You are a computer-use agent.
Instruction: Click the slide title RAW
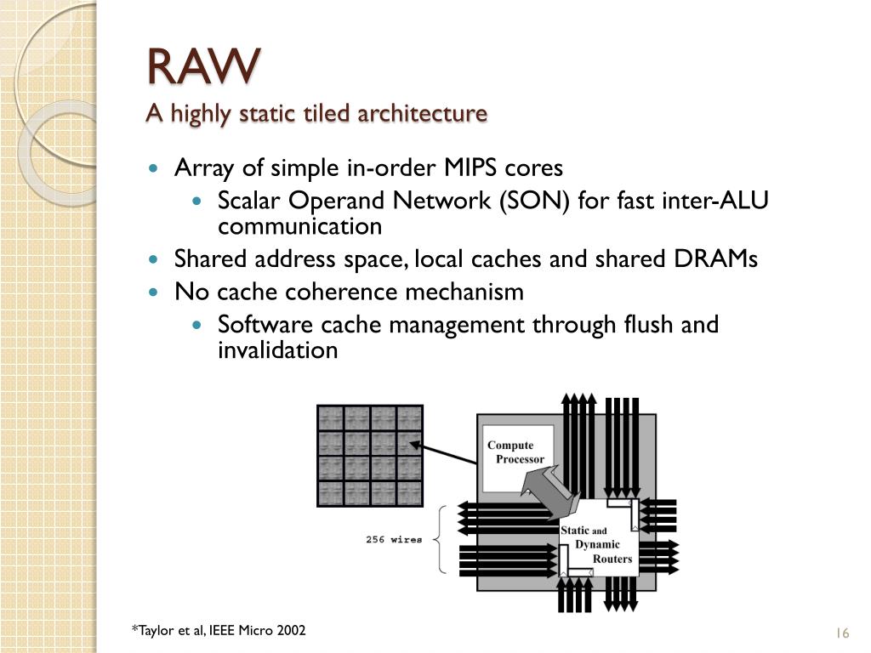click(x=204, y=66)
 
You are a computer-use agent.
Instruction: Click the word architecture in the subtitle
click(x=423, y=113)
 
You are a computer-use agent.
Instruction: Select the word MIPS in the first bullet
click(x=470, y=168)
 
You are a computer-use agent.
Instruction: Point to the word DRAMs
click(x=715, y=258)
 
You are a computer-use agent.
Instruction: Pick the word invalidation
click(x=278, y=349)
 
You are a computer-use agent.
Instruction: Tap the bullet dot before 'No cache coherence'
click(x=154, y=292)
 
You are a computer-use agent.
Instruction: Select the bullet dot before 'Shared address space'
click(x=154, y=258)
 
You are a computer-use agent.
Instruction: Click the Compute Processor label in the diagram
click(x=515, y=452)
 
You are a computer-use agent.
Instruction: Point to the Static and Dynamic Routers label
click(x=596, y=544)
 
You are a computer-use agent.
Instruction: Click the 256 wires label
click(x=394, y=539)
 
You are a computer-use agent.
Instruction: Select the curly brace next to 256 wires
click(x=440, y=538)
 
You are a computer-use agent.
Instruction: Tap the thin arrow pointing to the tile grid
click(x=442, y=452)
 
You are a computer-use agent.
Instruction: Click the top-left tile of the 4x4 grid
click(x=330, y=418)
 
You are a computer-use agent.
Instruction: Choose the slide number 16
click(x=842, y=633)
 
